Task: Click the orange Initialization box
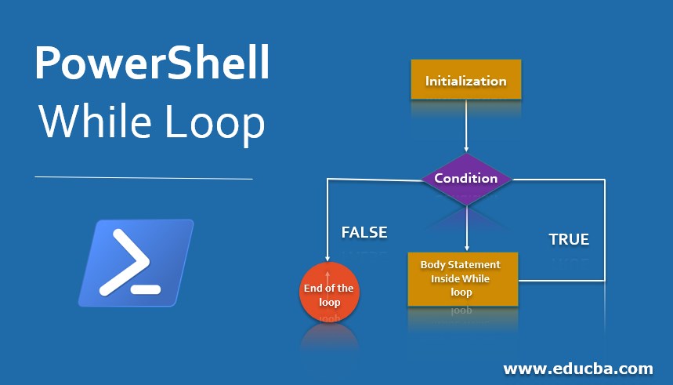(466, 80)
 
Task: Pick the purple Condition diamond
(466, 179)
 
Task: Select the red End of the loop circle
(328, 294)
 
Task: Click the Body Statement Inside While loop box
(462, 278)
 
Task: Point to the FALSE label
(364, 232)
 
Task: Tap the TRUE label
(569, 239)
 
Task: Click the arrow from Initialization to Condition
(466, 125)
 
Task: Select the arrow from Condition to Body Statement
(466, 227)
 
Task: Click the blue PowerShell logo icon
(136, 263)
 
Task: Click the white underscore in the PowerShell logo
(147, 289)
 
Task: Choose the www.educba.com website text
(578, 368)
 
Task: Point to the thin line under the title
(143, 178)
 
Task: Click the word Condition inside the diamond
(466, 178)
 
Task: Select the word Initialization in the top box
(466, 81)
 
